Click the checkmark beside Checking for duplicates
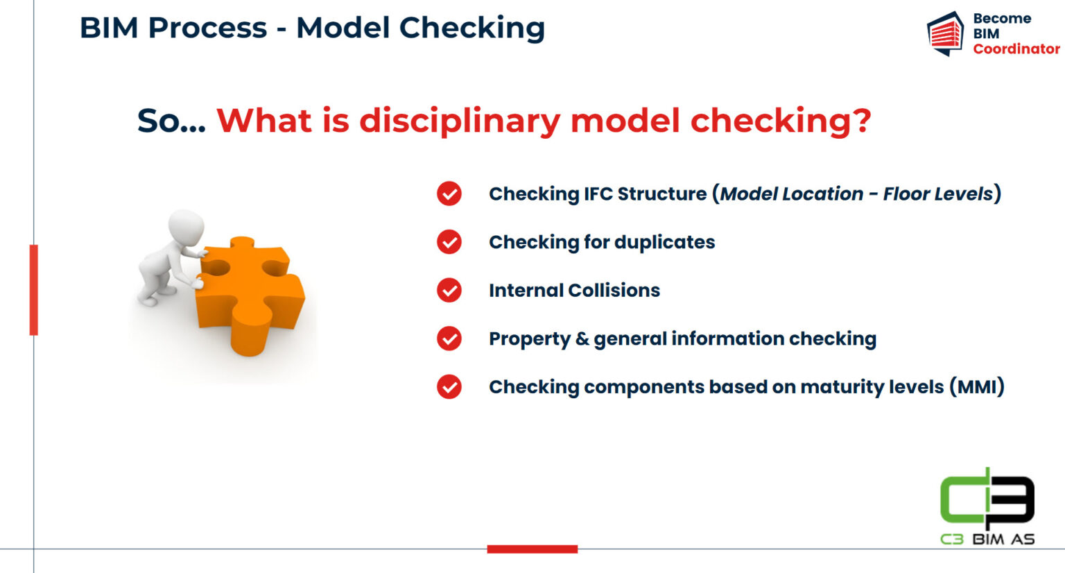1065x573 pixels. coord(449,241)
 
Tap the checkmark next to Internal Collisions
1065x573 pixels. coord(449,290)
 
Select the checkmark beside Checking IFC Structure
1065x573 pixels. coord(449,194)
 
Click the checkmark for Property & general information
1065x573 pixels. coord(449,339)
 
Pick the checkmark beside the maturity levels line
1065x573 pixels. coord(449,386)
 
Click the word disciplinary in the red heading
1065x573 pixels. coord(459,121)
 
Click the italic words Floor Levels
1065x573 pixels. coord(937,194)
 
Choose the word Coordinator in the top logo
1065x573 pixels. coord(1016,49)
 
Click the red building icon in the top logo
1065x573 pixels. coord(946,34)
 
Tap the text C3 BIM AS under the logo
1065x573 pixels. coord(987,539)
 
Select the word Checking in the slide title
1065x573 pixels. coord(471,28)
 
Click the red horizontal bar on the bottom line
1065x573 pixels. coord(532,549)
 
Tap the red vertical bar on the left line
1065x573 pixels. coord(33,289)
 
